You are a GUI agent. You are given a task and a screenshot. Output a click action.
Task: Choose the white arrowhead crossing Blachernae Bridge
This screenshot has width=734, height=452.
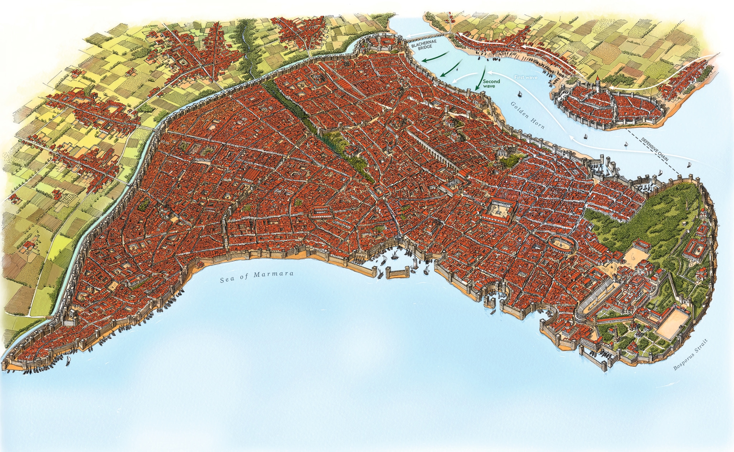click(x=408, y=38)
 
